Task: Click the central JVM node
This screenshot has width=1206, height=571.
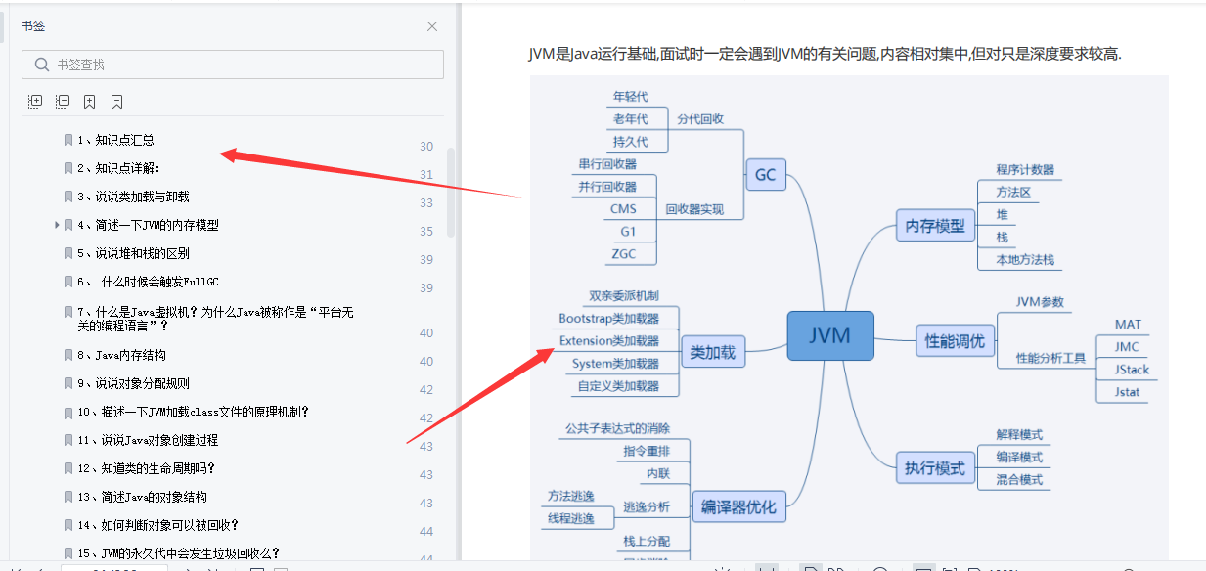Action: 829,335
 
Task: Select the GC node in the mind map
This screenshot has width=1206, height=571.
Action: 765,175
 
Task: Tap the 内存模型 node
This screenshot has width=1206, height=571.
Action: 934,226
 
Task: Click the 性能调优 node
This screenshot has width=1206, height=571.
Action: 955,341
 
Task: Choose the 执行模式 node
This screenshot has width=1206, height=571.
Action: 935,467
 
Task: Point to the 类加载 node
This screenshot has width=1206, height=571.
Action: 712,352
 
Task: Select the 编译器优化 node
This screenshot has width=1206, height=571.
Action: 738,506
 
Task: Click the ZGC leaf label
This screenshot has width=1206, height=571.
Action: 623,253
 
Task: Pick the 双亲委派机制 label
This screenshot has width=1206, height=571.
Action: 623,295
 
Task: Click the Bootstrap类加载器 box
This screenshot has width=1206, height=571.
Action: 609,319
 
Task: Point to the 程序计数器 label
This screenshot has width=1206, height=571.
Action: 1025,170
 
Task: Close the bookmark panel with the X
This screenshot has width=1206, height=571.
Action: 432,26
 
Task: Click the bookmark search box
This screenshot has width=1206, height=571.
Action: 233,65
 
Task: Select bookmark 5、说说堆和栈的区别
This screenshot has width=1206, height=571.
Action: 133,253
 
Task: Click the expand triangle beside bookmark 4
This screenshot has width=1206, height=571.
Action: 58,225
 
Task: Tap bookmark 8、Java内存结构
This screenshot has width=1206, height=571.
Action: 121,355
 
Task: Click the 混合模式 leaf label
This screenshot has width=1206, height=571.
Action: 1019,480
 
